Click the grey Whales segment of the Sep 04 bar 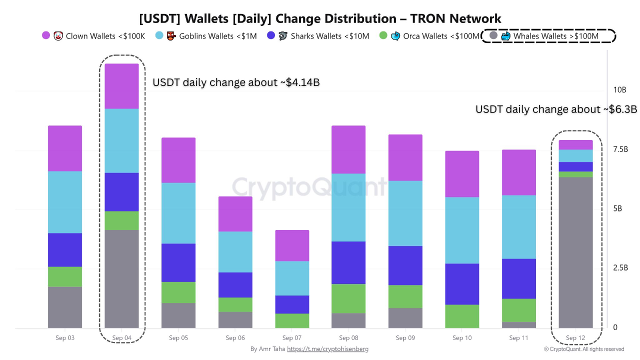pos(121,279)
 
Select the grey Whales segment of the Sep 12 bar pos(575,252)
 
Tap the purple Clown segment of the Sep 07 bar pos(292,245)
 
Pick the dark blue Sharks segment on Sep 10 pos(462,284)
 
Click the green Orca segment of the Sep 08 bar pos(348,298)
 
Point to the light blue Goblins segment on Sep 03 pos(65,202)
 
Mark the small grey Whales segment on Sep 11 pos(519,325)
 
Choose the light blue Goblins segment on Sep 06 pos(235,252)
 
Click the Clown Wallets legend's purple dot pos(45,35)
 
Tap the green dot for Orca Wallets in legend pos(383,35)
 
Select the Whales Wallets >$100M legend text pos(555,36)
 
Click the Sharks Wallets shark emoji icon pos(283,36)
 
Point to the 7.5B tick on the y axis pos(620,149)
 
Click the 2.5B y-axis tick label pos(620,267)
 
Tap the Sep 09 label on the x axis pos(405,337)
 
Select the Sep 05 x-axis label pos(178,337)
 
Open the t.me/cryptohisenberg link pos(327,349)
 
